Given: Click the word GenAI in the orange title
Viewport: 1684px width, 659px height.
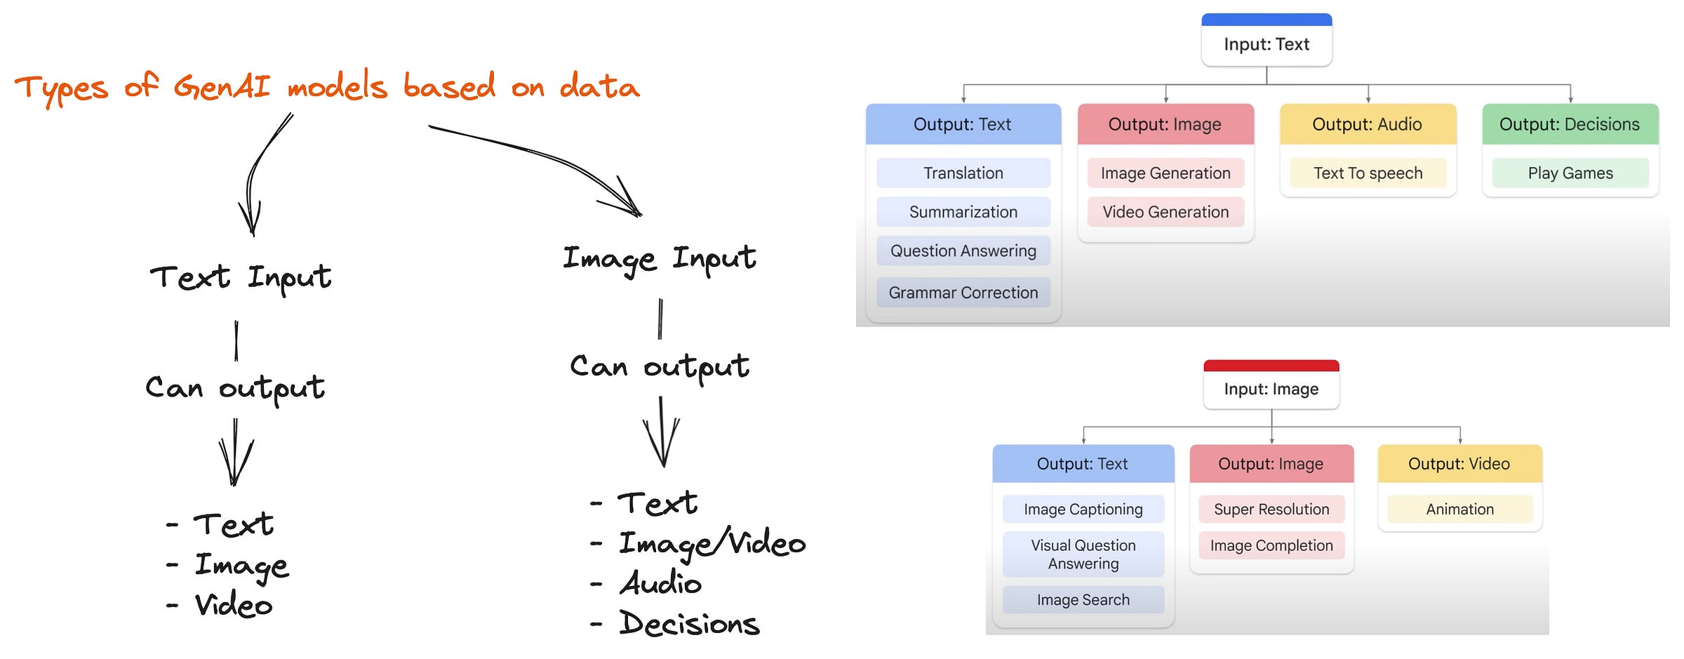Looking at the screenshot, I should click(222, 88).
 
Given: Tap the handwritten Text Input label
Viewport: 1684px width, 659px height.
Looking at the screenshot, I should click(240, 277).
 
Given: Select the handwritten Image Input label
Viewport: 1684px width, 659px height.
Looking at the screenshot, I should click(659, 259).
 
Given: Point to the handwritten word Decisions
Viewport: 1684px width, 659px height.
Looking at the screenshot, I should click(689, 623).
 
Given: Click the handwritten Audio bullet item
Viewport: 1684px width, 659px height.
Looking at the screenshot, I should click(660, 583).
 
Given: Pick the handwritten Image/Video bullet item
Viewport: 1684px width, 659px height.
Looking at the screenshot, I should click(711, 544).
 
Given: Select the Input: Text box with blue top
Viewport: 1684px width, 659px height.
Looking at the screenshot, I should click(1267, 44).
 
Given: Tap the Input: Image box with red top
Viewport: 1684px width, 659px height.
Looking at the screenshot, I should click(1271, 388).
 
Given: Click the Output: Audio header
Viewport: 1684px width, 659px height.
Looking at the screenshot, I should click(1367, 124).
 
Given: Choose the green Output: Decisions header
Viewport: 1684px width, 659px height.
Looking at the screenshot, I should click(1570, 124).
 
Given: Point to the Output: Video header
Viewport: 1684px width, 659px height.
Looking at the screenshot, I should click(1459, 464).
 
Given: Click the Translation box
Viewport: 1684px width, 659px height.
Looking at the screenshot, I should click(963, 173).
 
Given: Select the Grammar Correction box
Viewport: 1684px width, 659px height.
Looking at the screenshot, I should click(963, 293).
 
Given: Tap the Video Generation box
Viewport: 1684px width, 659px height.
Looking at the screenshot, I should click(1165, 212).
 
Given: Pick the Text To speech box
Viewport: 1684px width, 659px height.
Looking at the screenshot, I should click(1368, 173).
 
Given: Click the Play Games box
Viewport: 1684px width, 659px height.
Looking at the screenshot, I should click(1570, 173).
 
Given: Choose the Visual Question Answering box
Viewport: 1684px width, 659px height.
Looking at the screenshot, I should click(1083, 554).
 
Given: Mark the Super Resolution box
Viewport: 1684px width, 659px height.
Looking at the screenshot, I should click(1271, 510).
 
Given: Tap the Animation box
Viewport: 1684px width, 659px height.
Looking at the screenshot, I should click(1459, 510).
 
